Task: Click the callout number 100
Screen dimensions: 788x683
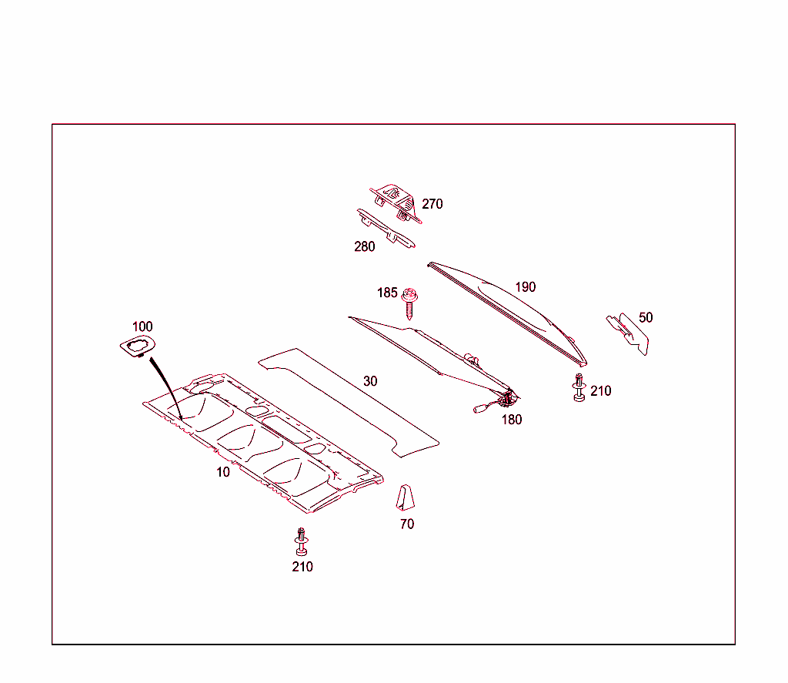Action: tap(142, 326)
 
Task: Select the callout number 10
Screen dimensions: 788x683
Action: tap(223, 472)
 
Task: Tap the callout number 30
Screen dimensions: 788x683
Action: tap(370, 381)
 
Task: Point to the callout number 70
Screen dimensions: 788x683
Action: tap(407, 524)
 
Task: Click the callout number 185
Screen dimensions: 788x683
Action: tap(387, 293)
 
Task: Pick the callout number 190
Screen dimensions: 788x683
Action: tap(526, 286)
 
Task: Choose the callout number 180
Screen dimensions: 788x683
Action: tap(512, 420)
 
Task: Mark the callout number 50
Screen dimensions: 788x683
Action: tap(646, 317)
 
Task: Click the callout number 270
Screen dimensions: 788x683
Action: tap(432, 204)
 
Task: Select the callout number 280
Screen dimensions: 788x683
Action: tap(364, 246)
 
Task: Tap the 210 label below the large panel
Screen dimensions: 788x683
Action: tap(302, 567)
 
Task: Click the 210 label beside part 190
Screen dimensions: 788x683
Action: tap(601, 391)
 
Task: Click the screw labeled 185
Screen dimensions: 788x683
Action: tap(409, 303)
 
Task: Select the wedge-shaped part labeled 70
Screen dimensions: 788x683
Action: tap(405, 497)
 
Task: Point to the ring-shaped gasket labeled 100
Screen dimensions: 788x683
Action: tap(137, 347)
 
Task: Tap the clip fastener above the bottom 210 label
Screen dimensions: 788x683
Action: tap(302, 541)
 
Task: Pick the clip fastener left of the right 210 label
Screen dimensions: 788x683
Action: tap(579, 387)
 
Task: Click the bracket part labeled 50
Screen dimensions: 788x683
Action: tap(628, 333)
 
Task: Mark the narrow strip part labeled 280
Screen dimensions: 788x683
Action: tap(386, 229)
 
